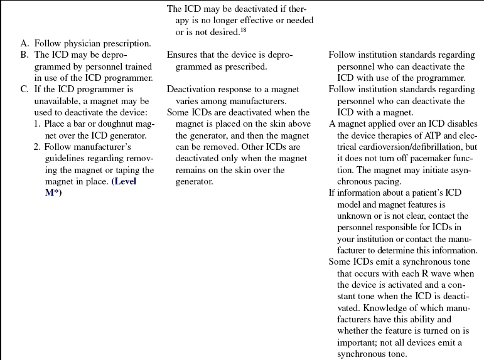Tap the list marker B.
24,55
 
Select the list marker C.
24,90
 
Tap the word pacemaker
428,159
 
